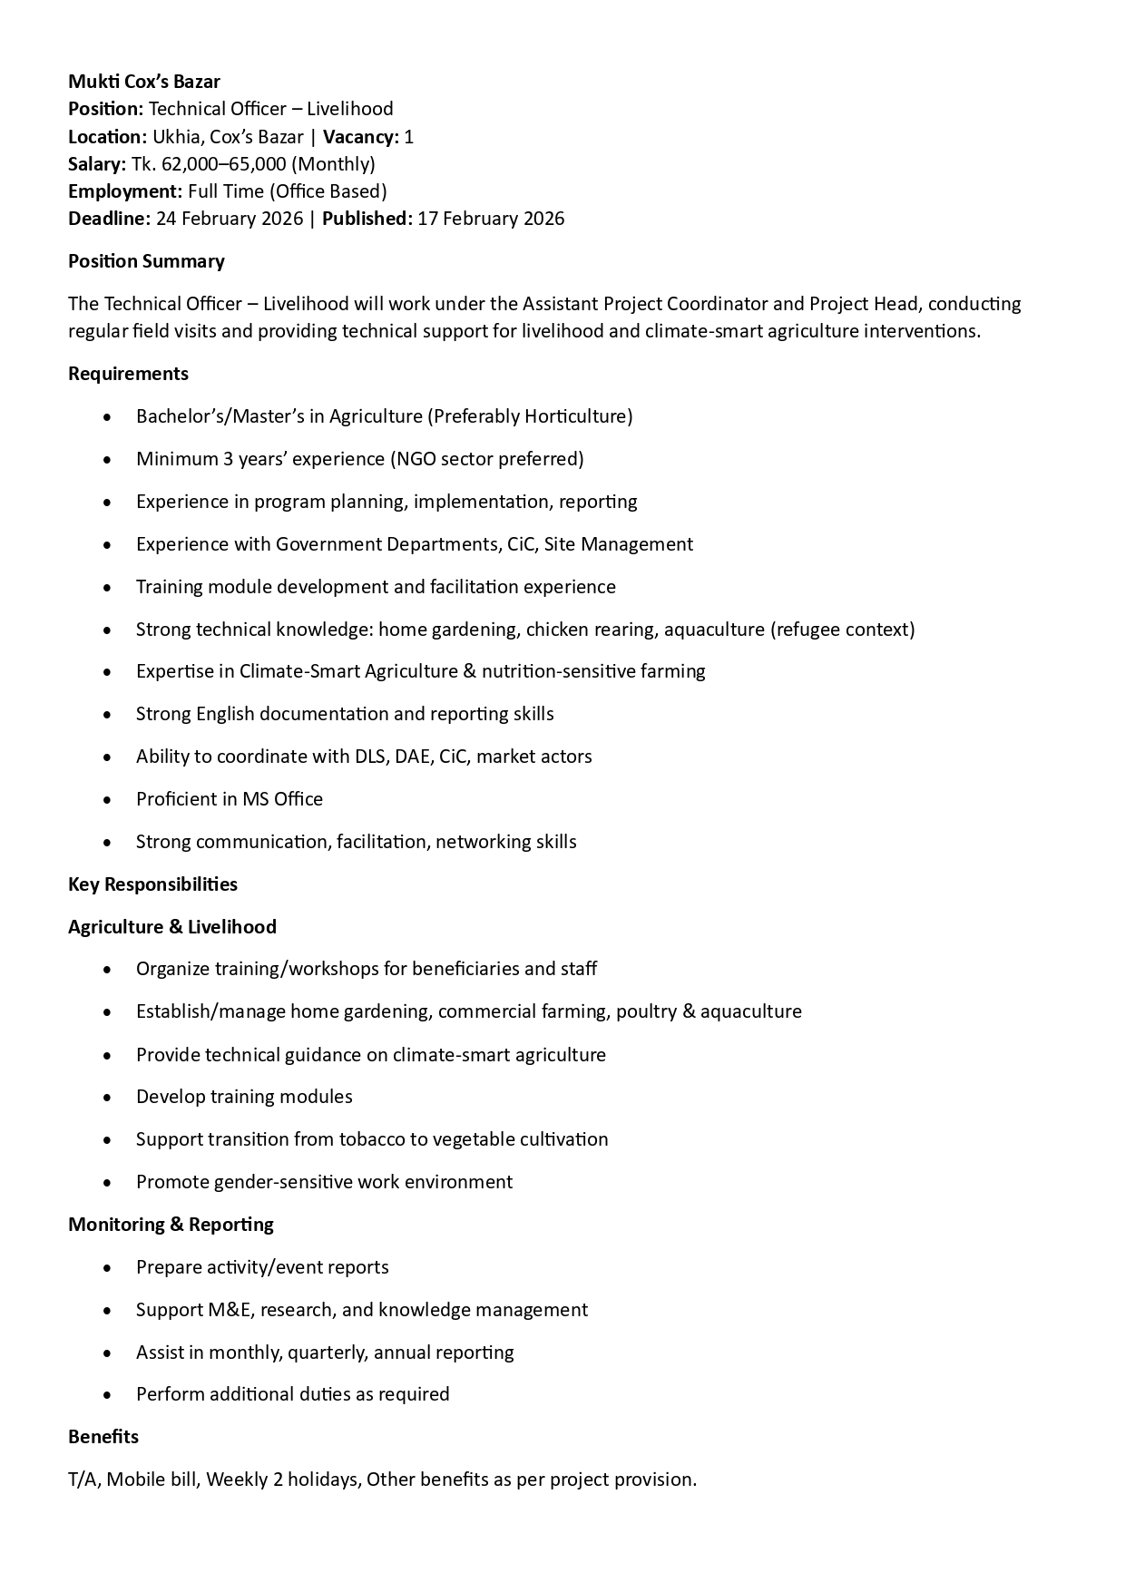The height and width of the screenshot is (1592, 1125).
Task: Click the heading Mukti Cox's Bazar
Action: click(x=144, y=82)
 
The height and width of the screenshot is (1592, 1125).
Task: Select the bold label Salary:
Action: click(x=97, y=164)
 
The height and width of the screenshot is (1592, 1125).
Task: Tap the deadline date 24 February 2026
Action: click(x=230, y=219)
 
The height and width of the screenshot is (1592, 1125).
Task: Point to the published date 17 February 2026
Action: click(x=491, y=219)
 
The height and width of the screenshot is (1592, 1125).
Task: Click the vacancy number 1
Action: click(x=409, y=137)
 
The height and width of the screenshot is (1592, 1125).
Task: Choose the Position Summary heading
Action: click(x=146, y=261)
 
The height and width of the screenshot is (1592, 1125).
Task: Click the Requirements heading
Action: click(x=128, y=374)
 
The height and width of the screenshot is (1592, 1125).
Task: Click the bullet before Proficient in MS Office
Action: click(x=108, y=800)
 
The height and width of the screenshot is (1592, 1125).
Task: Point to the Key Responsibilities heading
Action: click(x=152, y=884)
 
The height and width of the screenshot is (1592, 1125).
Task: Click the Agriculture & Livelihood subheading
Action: click(x=172, y=927)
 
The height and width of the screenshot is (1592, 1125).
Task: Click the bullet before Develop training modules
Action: click(x=108, y=1098)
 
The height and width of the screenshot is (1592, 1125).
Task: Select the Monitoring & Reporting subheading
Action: click(x=171, y=1225)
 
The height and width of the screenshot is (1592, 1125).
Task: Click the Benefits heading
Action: click(x=103, y=1437)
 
